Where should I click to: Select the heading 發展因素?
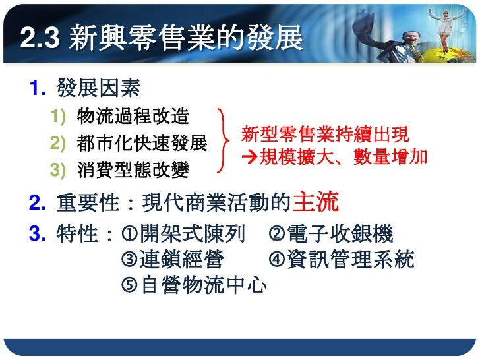point(98,87)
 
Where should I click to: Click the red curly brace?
point(226,142)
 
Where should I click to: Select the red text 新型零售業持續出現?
point(325,135)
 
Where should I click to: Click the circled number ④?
point(276,260)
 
